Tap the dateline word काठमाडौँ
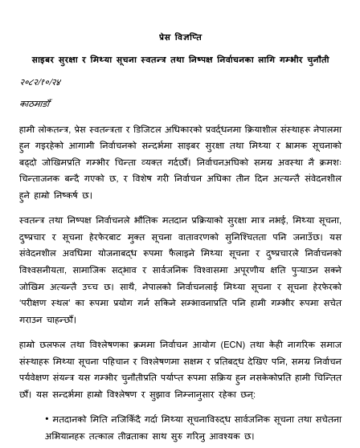pyautogui.click(x=36, y=104)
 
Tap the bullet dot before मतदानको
pyautogui.click(x=47, y=419)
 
